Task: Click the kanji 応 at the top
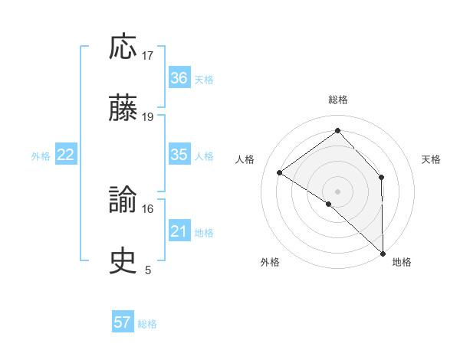123,47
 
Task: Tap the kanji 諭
123,201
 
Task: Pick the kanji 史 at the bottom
123,261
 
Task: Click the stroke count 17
147,56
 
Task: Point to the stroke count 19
147,117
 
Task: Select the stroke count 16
147,208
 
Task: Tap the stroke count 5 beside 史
147,270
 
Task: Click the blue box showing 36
179,78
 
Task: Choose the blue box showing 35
179,155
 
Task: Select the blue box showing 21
179,231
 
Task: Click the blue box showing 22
66,155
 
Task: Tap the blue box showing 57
123,322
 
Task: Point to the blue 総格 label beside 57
147,324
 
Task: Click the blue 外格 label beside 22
41,156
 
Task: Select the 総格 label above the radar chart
338,100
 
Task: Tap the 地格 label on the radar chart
402,263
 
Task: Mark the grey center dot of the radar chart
337,190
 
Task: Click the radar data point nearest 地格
383,253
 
